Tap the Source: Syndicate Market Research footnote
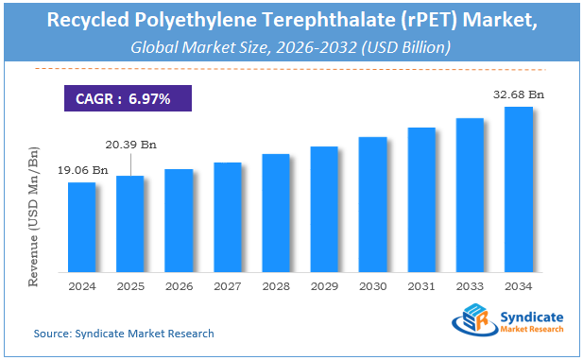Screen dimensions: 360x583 [x=124, y=334]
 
